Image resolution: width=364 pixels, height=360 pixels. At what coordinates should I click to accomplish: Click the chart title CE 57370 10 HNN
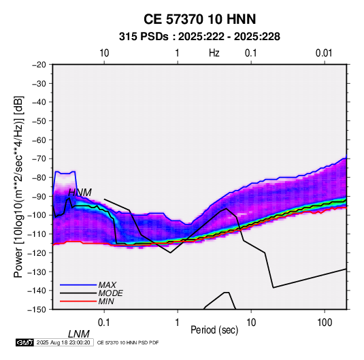[199, 19]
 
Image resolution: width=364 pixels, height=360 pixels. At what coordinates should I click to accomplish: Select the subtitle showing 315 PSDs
[199, 37]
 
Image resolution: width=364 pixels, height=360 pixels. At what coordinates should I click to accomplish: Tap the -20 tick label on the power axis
[39, 65]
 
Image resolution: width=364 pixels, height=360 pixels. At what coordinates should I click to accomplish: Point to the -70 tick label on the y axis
[39, 159]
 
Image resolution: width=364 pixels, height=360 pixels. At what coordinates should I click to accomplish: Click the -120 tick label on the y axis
[37, 252]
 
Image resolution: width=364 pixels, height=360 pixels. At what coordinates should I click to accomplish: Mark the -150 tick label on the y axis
[37, 310]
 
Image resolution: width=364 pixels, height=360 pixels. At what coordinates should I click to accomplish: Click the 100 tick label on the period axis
[325, 323]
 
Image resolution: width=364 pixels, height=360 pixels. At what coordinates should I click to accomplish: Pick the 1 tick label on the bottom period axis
[178, 323]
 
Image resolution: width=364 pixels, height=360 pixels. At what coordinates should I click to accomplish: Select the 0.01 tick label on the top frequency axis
[324, 53]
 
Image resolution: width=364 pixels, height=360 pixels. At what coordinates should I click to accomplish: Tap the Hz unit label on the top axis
[214, 53]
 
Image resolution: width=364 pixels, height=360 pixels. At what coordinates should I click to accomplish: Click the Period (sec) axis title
[214, 330]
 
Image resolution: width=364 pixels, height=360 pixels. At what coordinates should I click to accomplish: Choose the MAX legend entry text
[107, 285]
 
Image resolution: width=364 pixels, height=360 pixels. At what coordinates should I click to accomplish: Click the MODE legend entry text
[110, 293]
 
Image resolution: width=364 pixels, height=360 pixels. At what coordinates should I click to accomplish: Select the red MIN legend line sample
[78, 301]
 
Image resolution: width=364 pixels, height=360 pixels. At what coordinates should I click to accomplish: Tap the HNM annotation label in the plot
[80, 193]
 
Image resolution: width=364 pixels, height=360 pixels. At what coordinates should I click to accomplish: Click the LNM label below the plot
[79, 334]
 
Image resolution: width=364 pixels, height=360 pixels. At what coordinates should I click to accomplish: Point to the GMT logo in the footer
[25, 342]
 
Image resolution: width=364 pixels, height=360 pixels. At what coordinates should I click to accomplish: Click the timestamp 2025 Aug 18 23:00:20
[63, 342]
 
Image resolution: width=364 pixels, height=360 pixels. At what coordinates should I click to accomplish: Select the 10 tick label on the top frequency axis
[104, 53]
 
